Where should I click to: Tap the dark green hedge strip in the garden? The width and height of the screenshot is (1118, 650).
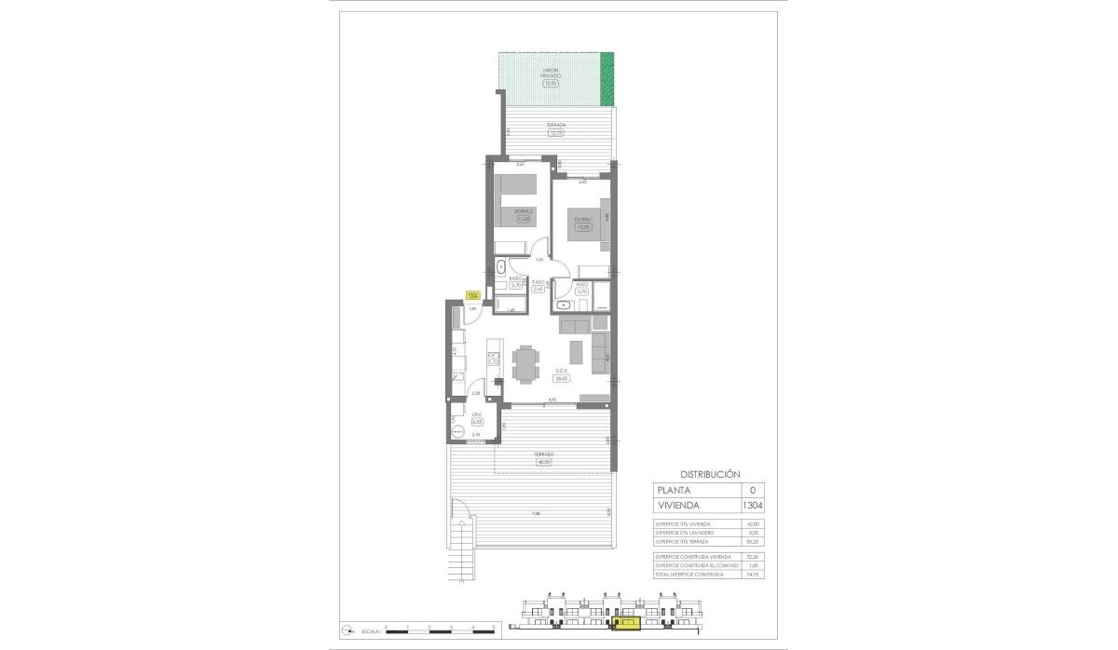pos(607,79)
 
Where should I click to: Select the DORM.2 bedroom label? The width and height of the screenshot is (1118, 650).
pos(524,211)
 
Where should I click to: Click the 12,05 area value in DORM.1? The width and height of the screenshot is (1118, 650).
pos(583,227)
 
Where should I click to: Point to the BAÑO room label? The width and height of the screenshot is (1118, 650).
pos(514,279)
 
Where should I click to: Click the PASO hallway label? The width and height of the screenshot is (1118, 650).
pos(538,281)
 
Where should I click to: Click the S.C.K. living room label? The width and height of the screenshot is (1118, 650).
pos(562,371)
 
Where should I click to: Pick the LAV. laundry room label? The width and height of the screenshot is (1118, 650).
pos(475,415)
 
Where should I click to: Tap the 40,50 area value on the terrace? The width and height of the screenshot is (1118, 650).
pos(544,462)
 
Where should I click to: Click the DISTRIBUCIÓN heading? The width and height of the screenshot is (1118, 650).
pos(710,473)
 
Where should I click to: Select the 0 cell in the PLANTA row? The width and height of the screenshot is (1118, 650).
pos(752,489)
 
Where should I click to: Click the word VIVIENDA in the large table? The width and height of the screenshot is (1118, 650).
pos(679,506)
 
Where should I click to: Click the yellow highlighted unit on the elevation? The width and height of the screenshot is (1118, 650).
pos(627,621)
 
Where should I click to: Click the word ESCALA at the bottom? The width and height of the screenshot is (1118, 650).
pos(367,631)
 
